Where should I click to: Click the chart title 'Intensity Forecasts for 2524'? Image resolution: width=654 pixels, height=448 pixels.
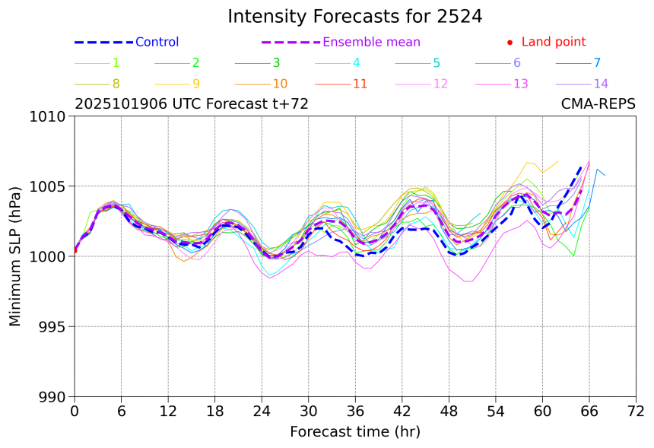[x=354, y=17]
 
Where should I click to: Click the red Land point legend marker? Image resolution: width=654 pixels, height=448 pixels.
[x=510, y=43]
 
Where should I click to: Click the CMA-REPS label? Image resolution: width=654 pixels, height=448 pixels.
[x=598, y=104]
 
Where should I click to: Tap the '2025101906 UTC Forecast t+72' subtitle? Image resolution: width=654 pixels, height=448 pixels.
[x=192, y=104]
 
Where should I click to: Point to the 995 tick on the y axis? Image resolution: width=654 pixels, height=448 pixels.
[x=55, y=327]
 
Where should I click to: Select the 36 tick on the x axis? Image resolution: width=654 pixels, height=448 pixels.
[x=355, y=411]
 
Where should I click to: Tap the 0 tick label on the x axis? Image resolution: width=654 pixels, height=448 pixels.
[x=75, y=411]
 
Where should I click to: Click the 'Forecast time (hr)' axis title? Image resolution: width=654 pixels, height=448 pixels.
[x=354, y=432]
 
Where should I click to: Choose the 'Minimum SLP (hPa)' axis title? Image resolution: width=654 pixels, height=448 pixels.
[x=16, y=256]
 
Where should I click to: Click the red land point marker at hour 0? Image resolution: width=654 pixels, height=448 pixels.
[x=75, y=250]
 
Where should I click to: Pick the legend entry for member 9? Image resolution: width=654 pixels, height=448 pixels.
[x=195, y=84]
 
